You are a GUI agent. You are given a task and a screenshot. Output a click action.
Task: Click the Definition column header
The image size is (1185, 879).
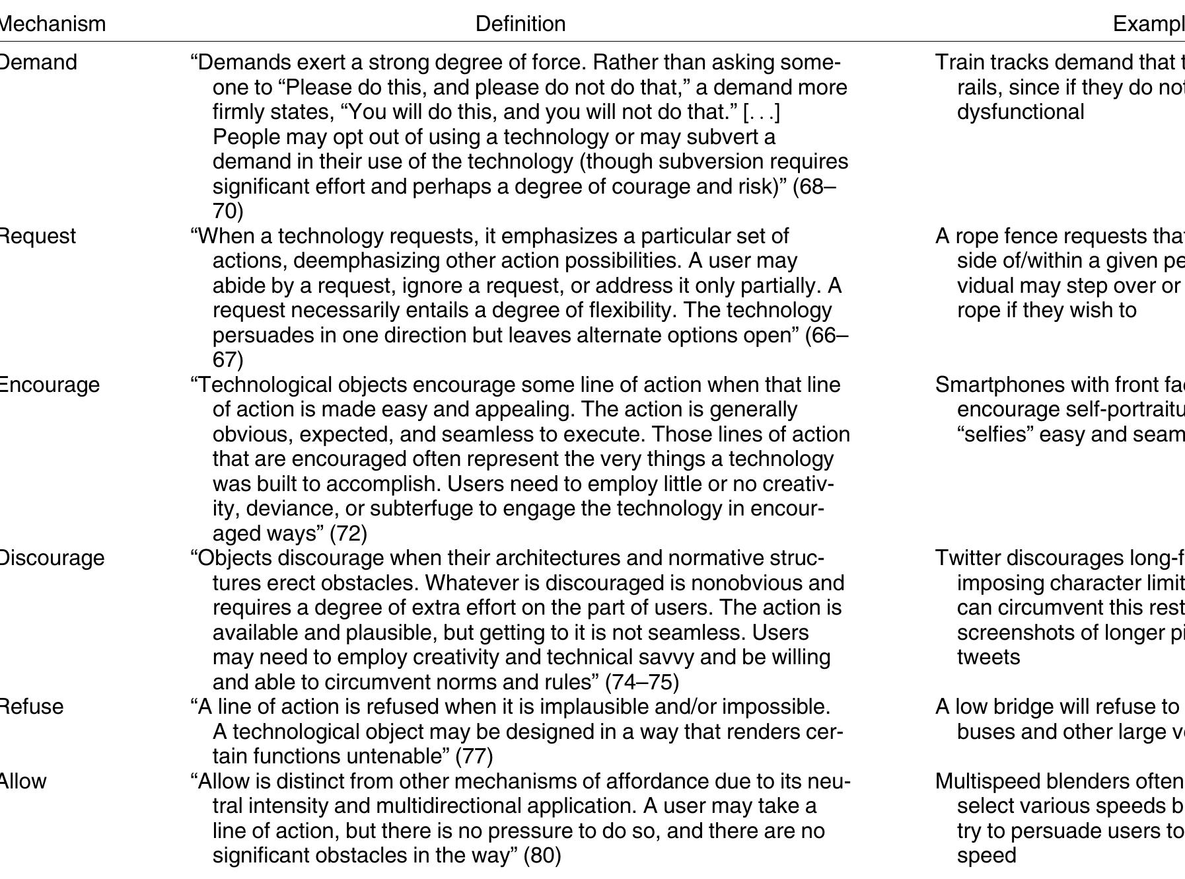click(520, 24)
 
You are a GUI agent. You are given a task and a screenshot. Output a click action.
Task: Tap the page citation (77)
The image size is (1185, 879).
click(474, 756)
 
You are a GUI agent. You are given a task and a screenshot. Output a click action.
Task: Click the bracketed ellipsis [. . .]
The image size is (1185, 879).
click(762, 112)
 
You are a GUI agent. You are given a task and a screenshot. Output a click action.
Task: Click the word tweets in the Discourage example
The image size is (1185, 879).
click(988, 657)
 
